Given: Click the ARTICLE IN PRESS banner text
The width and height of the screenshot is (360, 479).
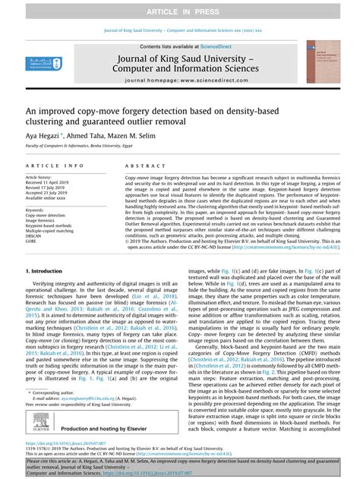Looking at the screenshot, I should pos(179,8).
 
